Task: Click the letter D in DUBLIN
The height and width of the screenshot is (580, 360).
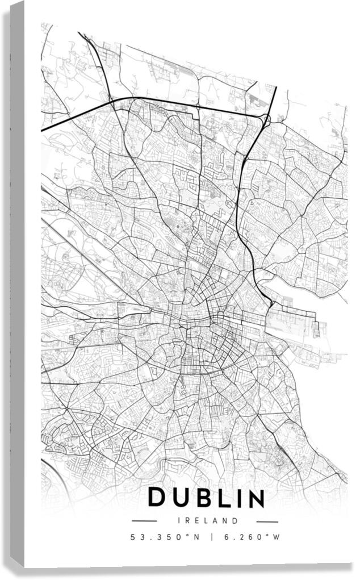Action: [157, 498]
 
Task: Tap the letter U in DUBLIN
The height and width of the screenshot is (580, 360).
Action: [181, 498]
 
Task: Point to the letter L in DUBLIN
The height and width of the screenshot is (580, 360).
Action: [222, 498]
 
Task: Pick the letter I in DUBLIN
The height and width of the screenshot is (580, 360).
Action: [237, 498]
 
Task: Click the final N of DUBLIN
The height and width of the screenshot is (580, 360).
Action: [255, 498]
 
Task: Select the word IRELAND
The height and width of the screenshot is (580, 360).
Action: [207, 520]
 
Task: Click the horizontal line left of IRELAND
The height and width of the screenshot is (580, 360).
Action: [144, 521]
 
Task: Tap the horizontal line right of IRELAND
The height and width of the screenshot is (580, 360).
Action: [266, 521]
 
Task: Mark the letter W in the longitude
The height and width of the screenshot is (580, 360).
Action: [277, 537]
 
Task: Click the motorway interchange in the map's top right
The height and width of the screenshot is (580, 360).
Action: [265, 118]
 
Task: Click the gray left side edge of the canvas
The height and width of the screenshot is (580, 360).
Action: [16, 284]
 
